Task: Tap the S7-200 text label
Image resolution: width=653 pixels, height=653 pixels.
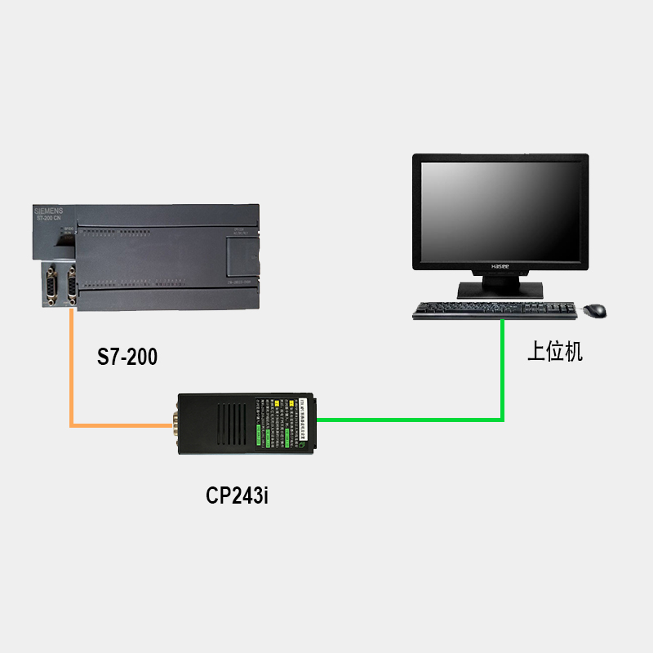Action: pos(127,357)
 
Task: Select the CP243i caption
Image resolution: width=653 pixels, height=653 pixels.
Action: pos(237,495)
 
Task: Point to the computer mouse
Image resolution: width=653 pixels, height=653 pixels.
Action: pos(595,311)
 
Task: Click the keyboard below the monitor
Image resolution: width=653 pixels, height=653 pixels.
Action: pos(495,310)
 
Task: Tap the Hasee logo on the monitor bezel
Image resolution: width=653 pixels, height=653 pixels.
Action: pos(500,267)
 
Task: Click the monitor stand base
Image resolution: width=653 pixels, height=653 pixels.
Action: pos(500,291)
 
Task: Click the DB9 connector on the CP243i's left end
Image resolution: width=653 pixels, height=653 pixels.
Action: pos(175,424)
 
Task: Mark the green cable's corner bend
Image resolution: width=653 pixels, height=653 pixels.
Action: pos(502,420)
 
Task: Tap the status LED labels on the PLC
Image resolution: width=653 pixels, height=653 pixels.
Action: pos(68,232)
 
